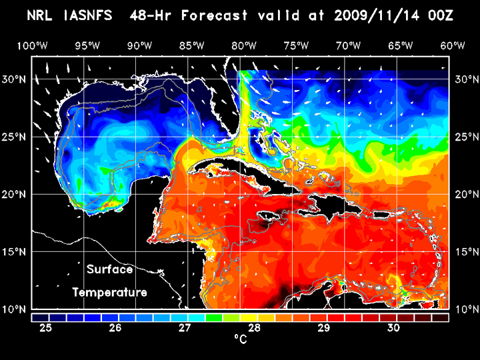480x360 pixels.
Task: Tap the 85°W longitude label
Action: [x=191, y=46]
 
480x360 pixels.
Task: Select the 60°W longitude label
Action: [x=453, y=46]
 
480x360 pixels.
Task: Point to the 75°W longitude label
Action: [x=297, y=46]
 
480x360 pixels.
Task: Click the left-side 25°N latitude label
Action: [x=15, y=137]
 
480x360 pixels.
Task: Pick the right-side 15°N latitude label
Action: [x=465, y=252]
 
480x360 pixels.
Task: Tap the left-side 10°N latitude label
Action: [x=15, y=310]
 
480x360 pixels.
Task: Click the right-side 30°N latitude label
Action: [x=465, y=79]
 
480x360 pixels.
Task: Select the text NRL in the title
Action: [x=43, y=15]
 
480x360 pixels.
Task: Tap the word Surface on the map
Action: [x=109, y=270]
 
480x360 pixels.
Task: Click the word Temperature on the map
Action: [x=109, y=292]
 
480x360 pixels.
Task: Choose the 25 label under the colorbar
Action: [x=47, y=328]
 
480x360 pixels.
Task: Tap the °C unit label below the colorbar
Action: [x=241, y=340]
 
